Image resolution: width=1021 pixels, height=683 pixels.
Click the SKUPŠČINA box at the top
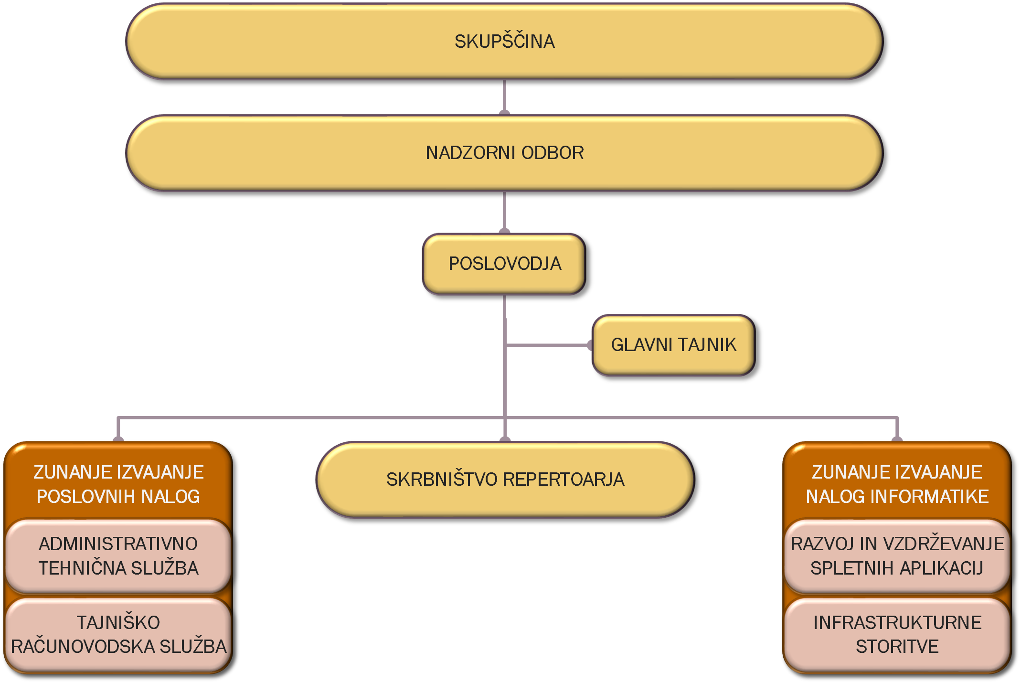click(x=504, y=42)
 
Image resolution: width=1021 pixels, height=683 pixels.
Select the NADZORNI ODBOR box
click(x=504, y=153)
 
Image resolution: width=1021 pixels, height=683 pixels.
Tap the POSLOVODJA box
click(x=504, y=264)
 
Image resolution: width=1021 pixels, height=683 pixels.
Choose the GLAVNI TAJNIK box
click(x=673, y=345)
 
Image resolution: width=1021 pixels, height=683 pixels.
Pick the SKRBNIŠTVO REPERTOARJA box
click(x=505, y=480)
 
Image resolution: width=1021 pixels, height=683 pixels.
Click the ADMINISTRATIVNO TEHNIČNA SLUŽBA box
click(x=118, y=556)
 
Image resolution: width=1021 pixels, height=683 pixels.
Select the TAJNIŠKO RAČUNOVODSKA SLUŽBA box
click(x=118, y=634)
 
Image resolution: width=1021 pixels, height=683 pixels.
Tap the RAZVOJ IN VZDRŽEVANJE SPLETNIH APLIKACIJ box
click(x=897, y=556)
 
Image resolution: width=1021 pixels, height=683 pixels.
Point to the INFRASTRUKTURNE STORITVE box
click(x=897, y=634)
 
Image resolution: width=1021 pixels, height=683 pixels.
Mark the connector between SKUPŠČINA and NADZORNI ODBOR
click(x=504, y=96)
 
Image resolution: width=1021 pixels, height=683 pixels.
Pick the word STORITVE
click(x=897, y=647)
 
